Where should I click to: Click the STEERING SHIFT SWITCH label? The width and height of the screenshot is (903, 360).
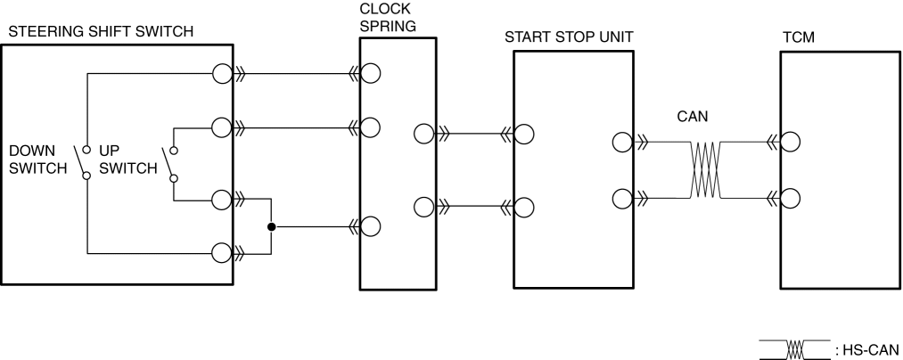100,33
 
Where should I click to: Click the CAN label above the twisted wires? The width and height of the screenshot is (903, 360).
693,116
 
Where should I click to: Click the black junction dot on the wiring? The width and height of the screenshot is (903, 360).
271,226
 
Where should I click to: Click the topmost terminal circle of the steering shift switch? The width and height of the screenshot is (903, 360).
221,74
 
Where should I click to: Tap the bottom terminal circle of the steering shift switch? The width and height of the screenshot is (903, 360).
221,253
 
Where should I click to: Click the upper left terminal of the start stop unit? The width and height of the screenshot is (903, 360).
524,135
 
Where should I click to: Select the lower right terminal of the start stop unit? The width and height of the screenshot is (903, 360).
623,196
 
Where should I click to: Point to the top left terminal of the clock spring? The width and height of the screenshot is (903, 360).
371,74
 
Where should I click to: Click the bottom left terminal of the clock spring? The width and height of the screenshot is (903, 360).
371,226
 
